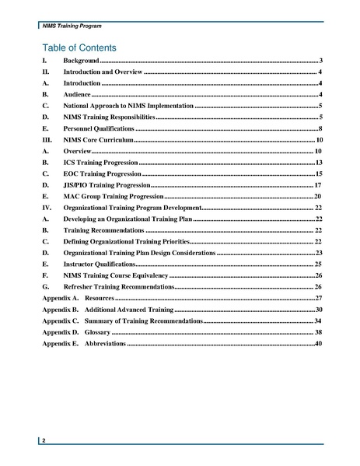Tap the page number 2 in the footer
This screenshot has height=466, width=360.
coord(44,441)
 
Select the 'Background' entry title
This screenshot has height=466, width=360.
coord(81,60)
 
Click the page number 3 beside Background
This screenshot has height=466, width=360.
coord(320,60)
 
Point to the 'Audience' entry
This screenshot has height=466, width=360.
coord(78,93)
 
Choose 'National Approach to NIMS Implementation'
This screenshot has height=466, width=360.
coord(128,104)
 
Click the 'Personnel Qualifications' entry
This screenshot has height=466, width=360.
coord(99,126)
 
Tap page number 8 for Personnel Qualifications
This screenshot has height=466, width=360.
coord(320,126)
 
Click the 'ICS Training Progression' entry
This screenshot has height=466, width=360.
coord(100,163)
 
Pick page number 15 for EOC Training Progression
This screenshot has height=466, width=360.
coord(318,173)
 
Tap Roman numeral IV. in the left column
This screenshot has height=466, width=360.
coord(46,208)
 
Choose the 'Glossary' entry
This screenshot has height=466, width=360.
coord(97,332)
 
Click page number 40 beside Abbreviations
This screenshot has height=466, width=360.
coord(318,343)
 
